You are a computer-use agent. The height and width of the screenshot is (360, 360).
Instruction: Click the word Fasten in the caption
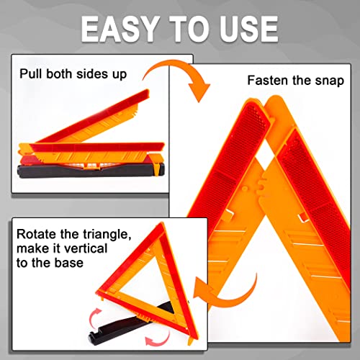267,81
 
